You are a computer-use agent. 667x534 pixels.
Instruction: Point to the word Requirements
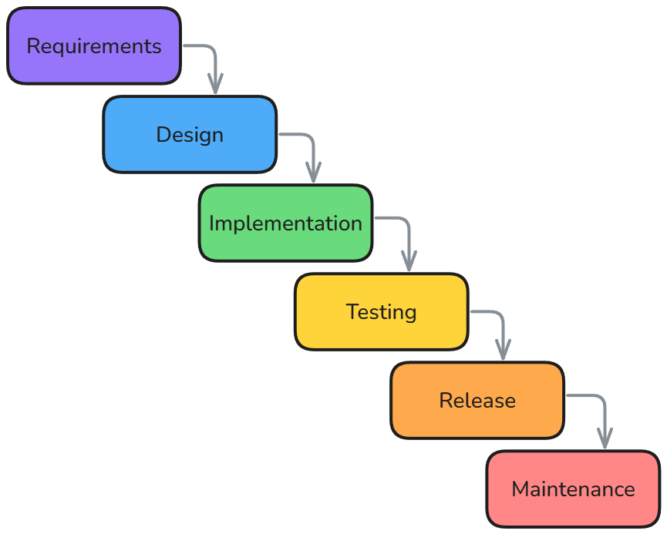click(94, 46)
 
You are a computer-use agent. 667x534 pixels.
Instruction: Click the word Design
click(190, 135)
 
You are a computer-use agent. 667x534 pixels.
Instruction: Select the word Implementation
click(285, 223)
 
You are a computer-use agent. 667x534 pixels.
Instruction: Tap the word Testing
click(381, 312)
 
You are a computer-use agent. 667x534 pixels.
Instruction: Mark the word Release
click(477, 401)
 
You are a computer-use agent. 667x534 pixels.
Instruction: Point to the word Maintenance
click(573, 489)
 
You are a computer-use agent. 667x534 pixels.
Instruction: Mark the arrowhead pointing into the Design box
click(215, 86)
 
